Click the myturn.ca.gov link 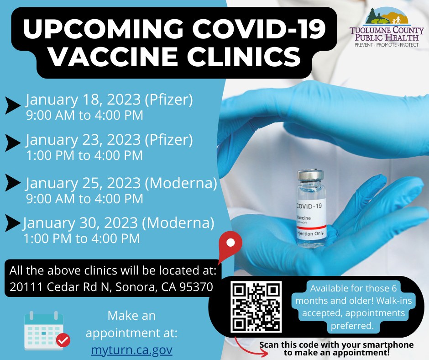131,350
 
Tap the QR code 256,307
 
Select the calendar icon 47,331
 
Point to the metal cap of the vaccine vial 310,175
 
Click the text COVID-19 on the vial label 309,206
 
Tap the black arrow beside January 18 13,105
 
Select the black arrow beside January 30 13,223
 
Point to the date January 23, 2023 83,140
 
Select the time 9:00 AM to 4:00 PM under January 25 84,199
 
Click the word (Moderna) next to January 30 178,223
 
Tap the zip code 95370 196,287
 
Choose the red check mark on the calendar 63,340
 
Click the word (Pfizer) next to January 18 169,100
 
